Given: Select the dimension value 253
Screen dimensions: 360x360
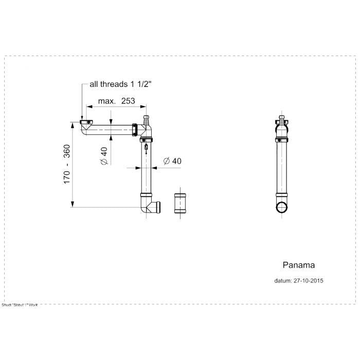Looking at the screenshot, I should [128, 101].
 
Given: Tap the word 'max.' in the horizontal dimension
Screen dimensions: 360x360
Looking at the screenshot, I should [106, 101].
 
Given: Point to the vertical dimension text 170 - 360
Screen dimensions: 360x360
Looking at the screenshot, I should [66, 164].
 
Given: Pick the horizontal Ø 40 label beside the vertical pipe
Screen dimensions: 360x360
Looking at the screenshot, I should [172, 161].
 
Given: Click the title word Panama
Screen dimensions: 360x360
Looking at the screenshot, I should [299, 265].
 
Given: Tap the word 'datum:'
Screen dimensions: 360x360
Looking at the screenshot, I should [283, 281].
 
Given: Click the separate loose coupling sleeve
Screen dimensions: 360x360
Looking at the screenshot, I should [181, 203].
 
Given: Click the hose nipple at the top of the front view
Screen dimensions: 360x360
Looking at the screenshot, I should [282, 120].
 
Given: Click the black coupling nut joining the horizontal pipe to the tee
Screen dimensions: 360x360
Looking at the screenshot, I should [135, 130].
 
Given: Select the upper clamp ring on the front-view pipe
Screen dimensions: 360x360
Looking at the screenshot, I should [282, 139].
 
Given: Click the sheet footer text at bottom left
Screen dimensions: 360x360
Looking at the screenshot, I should [20, 305].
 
